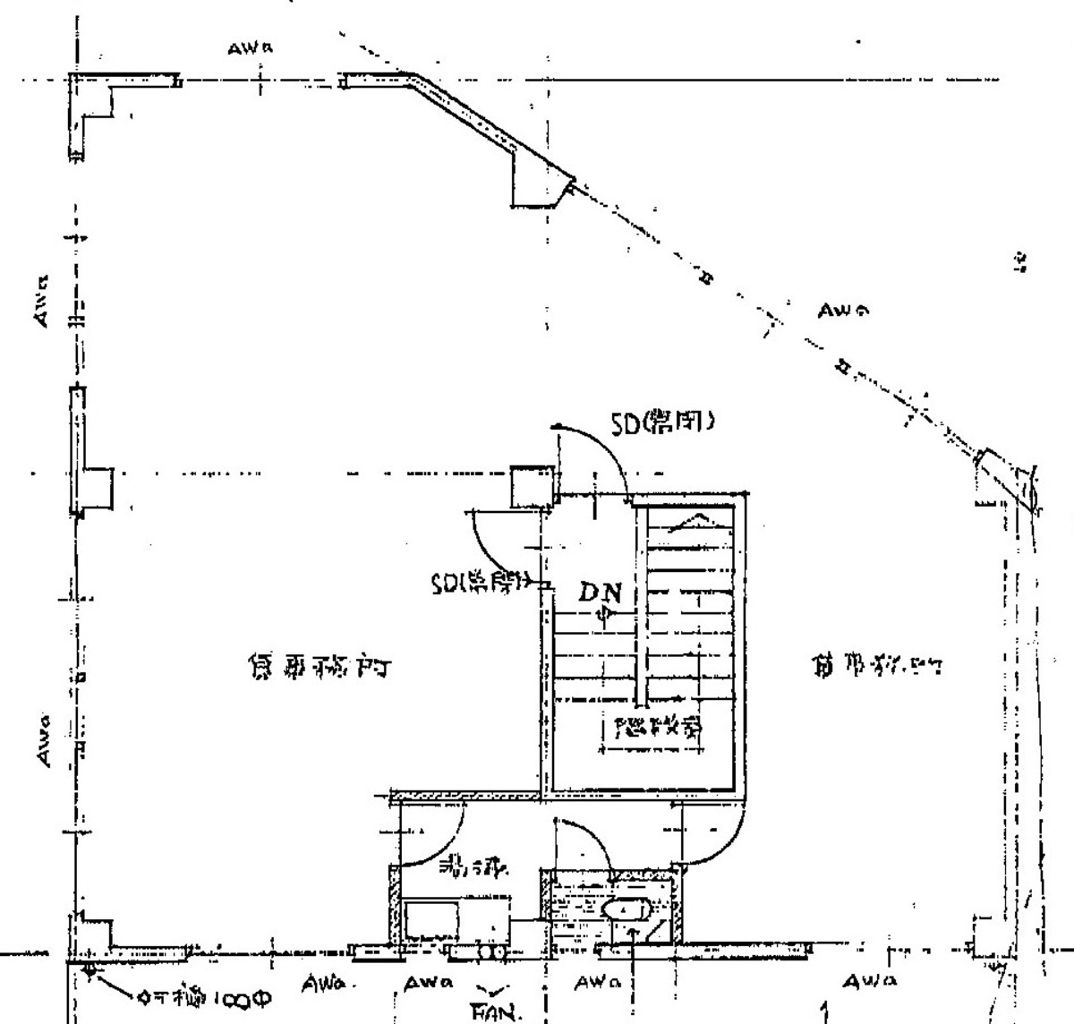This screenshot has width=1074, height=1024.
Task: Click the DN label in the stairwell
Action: [x=599, y=592]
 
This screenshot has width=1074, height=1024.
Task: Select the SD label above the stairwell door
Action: [x=662, y=422]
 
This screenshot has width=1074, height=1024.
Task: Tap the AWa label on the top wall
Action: [x=250, y=50]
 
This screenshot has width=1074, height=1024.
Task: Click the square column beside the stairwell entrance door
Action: [x=529, y=485]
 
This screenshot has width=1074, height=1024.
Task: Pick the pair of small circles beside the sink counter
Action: [x=490, y=952]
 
